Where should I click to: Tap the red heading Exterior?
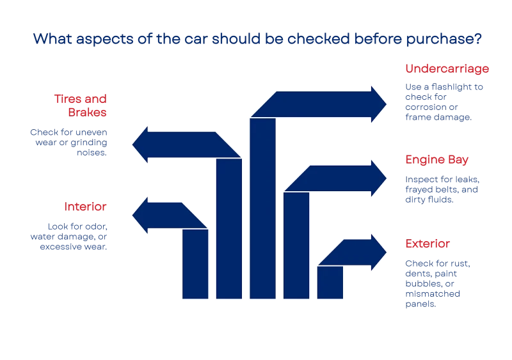pos(427,244)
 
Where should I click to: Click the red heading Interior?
pos(84,207)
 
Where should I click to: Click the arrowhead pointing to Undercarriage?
pos(379,102)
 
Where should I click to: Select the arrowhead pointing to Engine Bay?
pos(379,175)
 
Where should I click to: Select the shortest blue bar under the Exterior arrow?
pos(330,283)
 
